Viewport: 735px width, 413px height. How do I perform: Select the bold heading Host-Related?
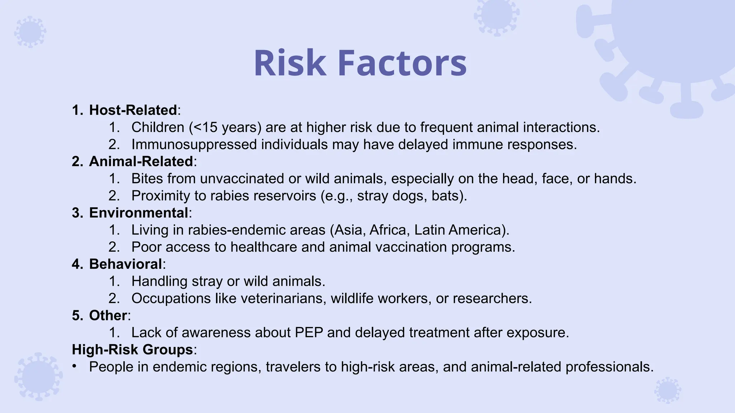(x=133, y=110)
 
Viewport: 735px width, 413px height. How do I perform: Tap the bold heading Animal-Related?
(x=141, y=161)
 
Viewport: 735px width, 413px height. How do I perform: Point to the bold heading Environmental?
(x=139, y=213)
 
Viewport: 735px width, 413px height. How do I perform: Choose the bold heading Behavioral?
(x=126, y=264)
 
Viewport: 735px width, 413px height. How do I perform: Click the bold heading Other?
(x=108, y=315)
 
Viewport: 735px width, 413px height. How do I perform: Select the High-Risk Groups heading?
(x=132, y=349)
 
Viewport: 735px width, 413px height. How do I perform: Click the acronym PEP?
(x=309, y=332)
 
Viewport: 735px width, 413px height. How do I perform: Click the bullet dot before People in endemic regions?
(x=74, y=366)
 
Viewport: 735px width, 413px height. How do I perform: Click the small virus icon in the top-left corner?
(x=30, y=32)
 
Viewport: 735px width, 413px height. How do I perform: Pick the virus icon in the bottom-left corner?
(x=38, y=377)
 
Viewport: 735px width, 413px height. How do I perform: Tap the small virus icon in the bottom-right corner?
(x=668, y=390)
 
